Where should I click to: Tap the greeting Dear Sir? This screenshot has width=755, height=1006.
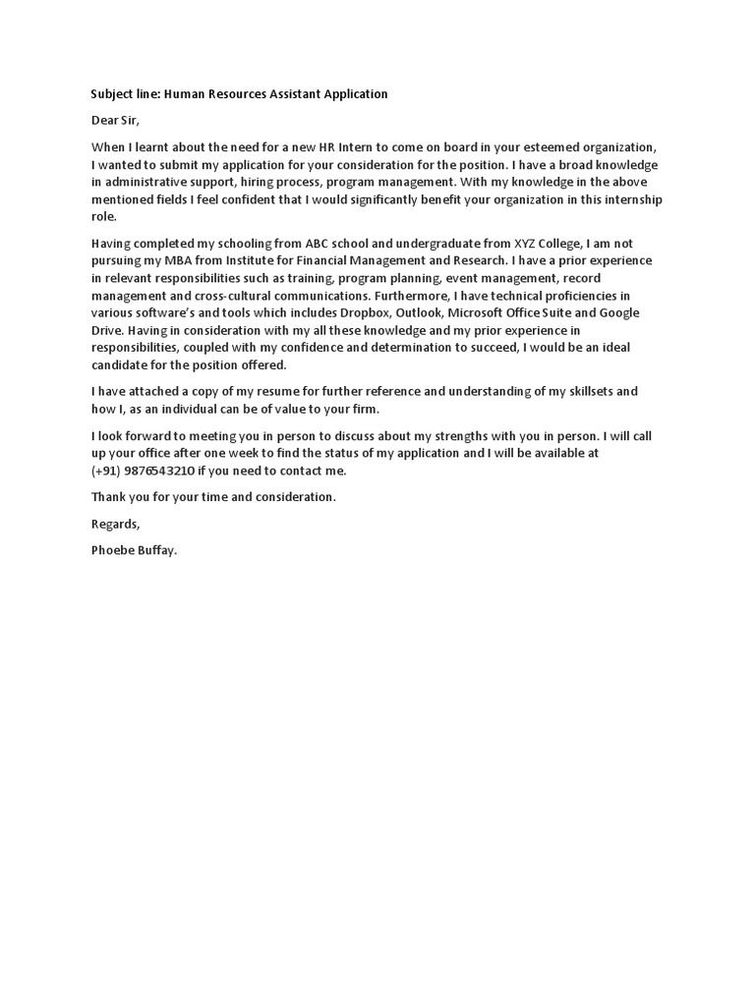point(116,121)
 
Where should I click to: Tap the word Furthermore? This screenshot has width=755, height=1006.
point(408,296)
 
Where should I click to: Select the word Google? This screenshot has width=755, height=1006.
point(619,313)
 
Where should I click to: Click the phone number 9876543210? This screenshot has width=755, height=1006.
point(158,471)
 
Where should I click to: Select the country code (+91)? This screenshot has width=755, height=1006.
point(105,471)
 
